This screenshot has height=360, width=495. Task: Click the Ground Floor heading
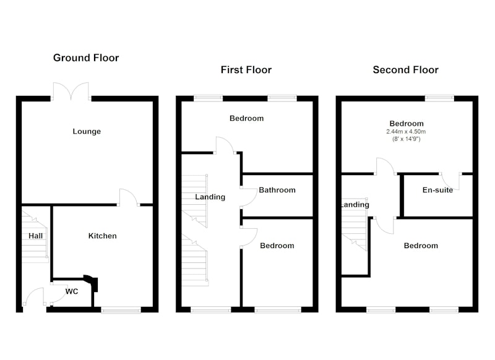tap(86, 58)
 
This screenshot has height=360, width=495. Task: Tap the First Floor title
tap(246, 70)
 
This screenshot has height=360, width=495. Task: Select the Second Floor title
tap(406, 70)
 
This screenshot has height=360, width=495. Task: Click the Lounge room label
tap(87, 131)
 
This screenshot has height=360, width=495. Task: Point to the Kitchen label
tap(102, 236)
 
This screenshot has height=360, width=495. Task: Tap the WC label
tap(72, 291)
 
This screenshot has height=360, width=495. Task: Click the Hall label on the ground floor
tap(35, 236)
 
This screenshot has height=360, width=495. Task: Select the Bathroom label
tap(277, 190)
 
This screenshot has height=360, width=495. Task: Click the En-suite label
tap(437, 190)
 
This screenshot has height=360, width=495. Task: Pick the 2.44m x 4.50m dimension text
tap(406, 132)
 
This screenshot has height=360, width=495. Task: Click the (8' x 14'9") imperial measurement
tap(407, 139)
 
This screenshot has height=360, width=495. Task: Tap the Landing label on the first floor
tap(210, 197)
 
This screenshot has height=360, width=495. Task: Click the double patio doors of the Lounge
tap(71, 92)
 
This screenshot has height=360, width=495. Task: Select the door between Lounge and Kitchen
tap(128, 197)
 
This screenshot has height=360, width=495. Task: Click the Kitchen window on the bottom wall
tap(121, 310)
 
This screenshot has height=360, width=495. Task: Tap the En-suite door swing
tap(450, 181)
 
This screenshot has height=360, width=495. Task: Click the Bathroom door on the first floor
tap(249, 197)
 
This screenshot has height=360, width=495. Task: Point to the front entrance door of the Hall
tap(35, 296)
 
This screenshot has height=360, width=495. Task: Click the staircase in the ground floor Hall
tap(35, 237)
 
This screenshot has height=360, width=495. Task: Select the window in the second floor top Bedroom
tap(439, 98)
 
